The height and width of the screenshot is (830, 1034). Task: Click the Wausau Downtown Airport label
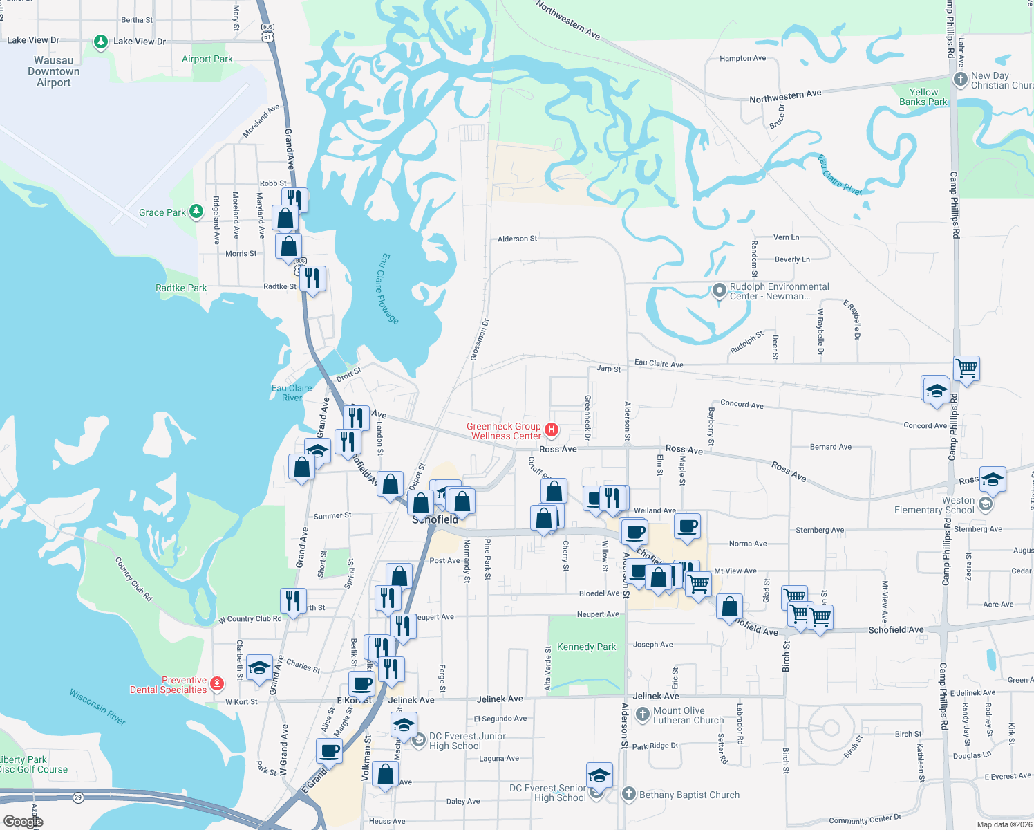(54, 71)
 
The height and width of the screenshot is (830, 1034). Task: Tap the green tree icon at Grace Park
(196, 211)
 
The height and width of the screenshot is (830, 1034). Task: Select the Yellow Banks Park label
(923, 97)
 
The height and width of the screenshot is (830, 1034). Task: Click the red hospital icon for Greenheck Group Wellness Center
(552, 430)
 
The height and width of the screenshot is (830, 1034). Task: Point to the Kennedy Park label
(586, 647)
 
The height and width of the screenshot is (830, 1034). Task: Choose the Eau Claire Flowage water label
(389, 288)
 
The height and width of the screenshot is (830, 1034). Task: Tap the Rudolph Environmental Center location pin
(719, 290)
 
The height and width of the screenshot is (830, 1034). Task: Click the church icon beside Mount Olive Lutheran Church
(643, 713)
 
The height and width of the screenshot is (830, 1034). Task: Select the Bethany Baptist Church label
(689, 795)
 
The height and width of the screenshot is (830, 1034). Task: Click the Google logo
(23, 822)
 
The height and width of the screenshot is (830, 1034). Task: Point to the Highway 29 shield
(78, 797)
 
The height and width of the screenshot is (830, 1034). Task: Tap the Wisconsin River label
(97, 706)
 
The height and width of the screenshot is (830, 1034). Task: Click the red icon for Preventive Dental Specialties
(217, 684)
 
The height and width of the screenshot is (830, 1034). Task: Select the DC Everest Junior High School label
(467, 741)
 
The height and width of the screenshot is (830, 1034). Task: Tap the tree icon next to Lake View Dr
(101, 42)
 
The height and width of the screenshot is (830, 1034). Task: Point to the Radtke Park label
(181, 288)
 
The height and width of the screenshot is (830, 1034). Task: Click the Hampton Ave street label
(742, 59)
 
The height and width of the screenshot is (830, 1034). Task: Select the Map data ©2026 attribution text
(1004, 824)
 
